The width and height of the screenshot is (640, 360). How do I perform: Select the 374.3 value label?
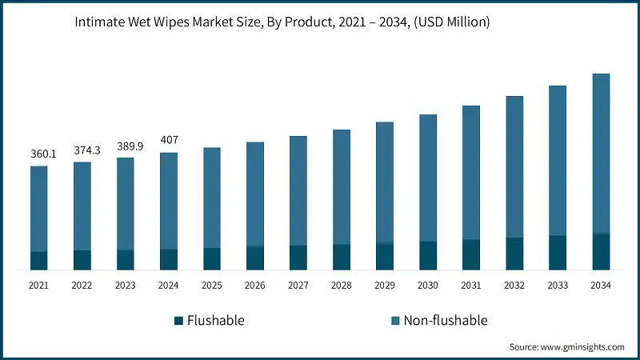[x=82, y=150]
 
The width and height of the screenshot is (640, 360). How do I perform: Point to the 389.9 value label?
[x=125, y=145]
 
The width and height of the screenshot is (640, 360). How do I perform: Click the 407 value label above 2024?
[x=169, y=140]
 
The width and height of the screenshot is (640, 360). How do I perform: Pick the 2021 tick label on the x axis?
[x=38, y=286]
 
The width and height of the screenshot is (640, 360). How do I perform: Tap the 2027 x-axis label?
[x=298, y=286]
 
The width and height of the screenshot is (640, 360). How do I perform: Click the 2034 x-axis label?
[x=601, y=286]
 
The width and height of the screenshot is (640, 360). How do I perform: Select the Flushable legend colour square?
[x=178, y=321]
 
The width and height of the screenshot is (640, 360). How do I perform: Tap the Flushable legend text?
[x=215, y=321]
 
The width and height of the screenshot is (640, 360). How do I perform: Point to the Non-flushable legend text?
[x=445, y=321]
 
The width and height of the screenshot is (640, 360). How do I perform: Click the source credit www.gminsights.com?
[x=566, y=347]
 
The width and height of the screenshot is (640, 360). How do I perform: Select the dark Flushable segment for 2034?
[x=601, y=251]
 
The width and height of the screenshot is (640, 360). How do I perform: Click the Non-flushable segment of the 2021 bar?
[x=38, y=209]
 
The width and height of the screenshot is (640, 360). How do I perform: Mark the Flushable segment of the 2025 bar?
[x=212, y=258]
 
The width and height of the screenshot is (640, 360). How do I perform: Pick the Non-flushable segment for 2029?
[x=385, y=182]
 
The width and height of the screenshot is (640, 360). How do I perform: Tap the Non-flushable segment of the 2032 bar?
[x=514, y=166]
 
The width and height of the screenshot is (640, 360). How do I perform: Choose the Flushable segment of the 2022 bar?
[x=82, y=260]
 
